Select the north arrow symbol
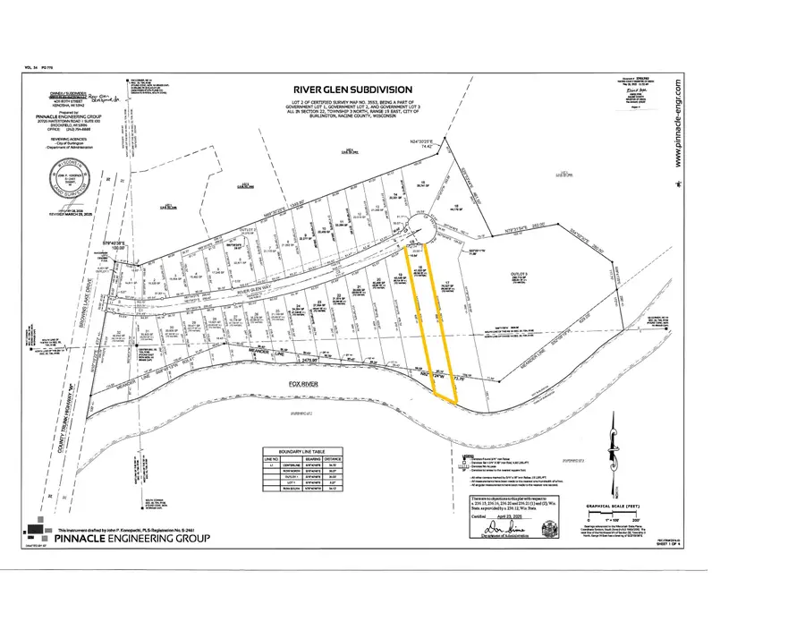click(614, 447)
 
